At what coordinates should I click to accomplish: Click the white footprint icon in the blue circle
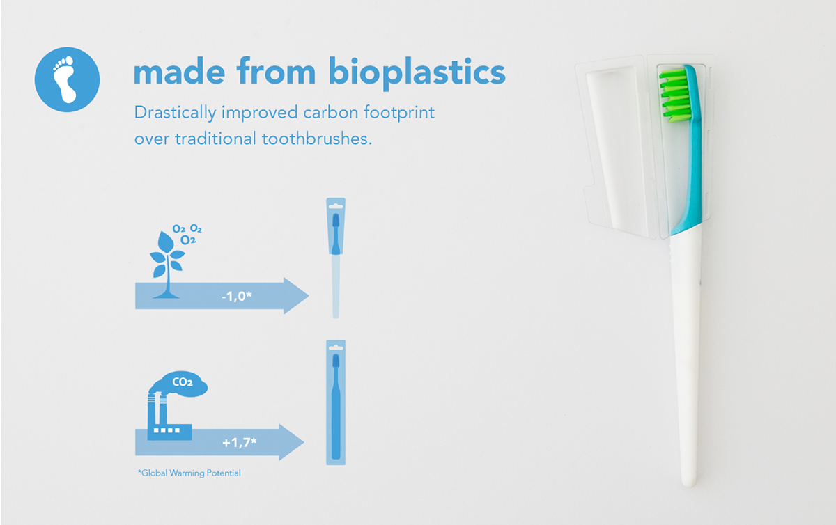[x=67, y=79]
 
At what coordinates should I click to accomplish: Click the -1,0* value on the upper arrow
[x=236, y=296]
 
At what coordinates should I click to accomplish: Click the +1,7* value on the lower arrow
[x=240, y=442]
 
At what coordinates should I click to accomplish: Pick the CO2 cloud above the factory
[x=184, y=382]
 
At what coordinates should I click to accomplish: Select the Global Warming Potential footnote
[x=189, y=473]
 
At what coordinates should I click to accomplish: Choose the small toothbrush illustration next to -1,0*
[x=336, y=258]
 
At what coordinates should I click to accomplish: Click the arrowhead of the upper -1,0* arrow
[x=295, y=296]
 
